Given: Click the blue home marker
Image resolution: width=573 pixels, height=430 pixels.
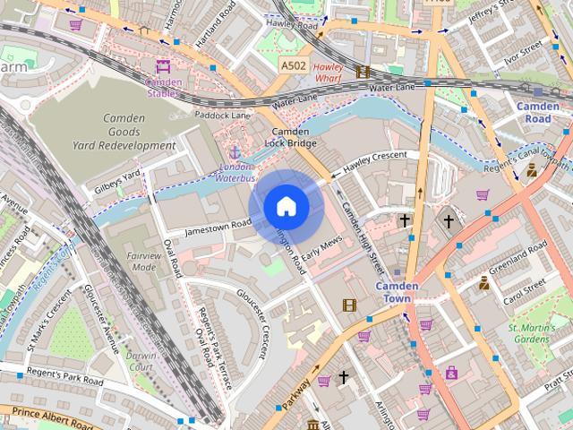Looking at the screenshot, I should click(286, 207).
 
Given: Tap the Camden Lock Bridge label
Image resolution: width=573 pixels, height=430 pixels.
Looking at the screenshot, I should click(291, 136).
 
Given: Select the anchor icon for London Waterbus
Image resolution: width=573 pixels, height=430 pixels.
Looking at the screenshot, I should click(235, 154).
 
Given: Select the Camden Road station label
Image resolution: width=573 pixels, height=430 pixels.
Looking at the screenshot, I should click(537, 112).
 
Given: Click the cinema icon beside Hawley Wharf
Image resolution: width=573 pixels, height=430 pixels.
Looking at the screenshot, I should click(363, 72).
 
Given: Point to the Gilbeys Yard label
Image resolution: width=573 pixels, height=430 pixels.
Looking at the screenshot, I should click(118, 182).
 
